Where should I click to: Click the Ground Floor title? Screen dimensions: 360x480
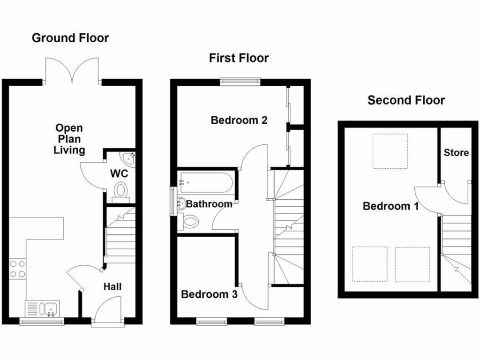point(70,38)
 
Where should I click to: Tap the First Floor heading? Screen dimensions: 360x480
point(239,58)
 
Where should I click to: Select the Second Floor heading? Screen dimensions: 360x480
point(406,100)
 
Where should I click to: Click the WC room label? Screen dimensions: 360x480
point(119,173)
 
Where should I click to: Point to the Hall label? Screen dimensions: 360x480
point(112,286)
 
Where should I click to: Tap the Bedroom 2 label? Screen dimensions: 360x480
point(239,120)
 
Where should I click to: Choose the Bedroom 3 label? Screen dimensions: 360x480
point(209,294)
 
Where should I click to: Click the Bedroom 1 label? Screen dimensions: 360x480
point(390,206)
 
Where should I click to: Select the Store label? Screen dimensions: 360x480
point(456,153)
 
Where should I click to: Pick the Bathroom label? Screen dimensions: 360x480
point(209,204)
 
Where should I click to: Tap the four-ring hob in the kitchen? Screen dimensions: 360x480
point(18,269)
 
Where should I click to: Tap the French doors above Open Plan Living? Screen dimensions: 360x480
point(72,70)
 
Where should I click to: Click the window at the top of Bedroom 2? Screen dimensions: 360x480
point(240,81)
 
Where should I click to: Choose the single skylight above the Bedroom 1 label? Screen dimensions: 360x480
point(390,151)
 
